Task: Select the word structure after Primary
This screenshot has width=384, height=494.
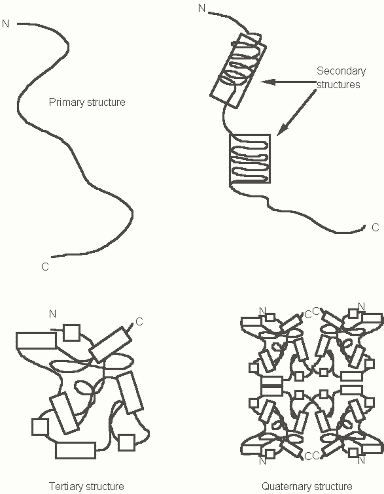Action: click(106, 103)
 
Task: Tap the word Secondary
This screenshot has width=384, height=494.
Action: click(341, 71)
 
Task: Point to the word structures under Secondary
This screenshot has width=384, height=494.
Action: click(338, 84)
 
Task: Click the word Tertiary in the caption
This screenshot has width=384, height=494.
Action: click(66, 486)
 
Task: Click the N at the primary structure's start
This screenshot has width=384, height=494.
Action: click(6, 24)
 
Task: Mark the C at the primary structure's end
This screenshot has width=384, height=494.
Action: click(45, 267)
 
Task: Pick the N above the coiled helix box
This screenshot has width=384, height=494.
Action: click(202, 8)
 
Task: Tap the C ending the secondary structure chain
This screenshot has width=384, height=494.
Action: click(375, 227)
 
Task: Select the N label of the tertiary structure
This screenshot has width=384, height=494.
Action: click(53, 314)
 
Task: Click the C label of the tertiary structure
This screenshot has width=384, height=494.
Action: click(139, 321)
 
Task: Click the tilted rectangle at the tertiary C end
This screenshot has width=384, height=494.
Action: click(110, 344)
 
